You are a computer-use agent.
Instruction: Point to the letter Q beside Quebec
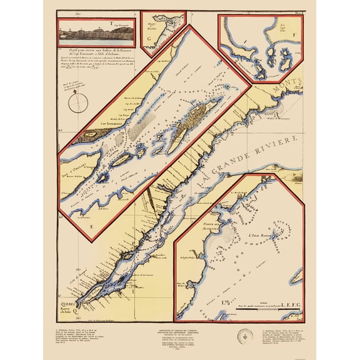tap(76, 307)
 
